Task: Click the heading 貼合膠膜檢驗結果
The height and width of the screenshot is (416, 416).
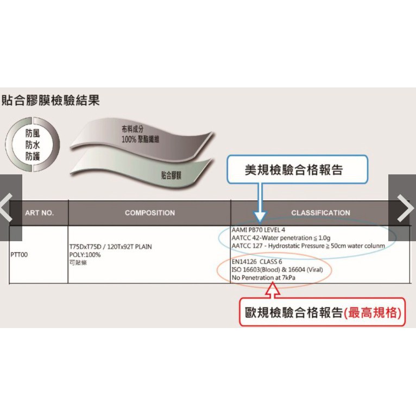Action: (x=51, y=100)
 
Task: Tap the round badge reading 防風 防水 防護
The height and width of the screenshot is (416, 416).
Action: (x=33, y=144)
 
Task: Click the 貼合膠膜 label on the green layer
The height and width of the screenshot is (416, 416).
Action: (x=171, y=175)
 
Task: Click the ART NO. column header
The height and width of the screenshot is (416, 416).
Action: (x=40, y=213)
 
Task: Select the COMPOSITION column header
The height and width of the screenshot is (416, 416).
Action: (x=149, y=213)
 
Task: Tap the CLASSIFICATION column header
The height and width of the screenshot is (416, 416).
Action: (x=320, y=213)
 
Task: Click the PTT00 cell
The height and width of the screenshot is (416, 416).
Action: (x=19, y=254)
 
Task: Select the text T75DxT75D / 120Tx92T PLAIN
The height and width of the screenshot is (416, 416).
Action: (x=111, y=247)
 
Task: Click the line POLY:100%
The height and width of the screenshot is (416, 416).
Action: (x=85, y=255)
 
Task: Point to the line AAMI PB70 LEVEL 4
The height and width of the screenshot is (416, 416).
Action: (x=258, y=230)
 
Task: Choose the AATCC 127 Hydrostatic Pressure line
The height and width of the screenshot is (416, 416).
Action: (x=308, y=246)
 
